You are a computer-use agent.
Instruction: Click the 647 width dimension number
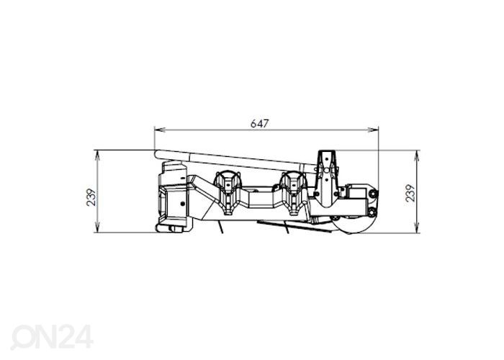pos(259,123)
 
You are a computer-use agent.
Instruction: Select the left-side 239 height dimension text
pos(91,197)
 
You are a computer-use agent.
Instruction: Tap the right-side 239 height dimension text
pos(410,193)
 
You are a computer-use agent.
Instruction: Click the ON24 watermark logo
pos(52,336)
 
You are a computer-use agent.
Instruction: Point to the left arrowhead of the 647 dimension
pos(160,130)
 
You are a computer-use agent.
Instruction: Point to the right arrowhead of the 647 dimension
pos(373,130)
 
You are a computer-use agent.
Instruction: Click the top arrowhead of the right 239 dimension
pos(417,156)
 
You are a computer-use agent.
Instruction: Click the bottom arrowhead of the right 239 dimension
pos(417,228)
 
